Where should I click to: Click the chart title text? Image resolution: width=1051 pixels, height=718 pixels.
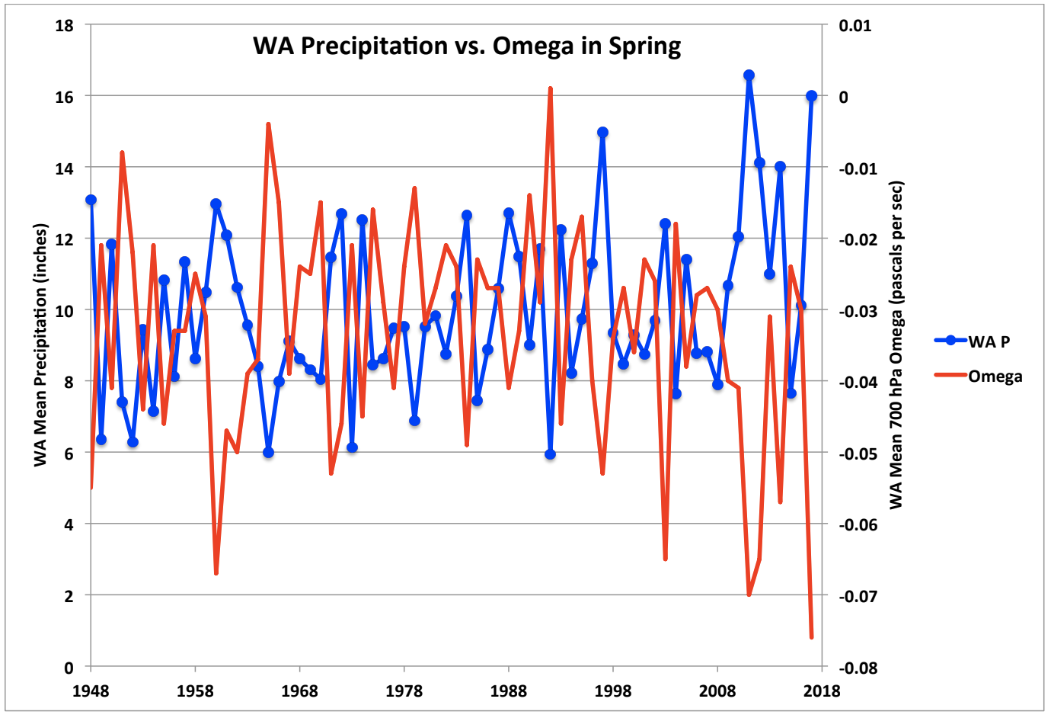(x=467, y=46)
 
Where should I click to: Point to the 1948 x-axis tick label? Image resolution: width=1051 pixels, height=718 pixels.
(x=91, y=691)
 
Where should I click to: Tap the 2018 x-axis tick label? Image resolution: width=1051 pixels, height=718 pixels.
(x=822, y=691)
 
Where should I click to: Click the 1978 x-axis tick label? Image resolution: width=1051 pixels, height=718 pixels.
(x=404, y=691)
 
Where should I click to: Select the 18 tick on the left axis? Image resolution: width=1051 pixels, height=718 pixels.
(x=65, y=26)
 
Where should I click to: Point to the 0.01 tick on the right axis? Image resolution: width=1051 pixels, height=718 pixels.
(x=855, y=26)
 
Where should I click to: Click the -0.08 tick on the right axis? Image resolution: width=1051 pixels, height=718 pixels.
(x=858, y=668)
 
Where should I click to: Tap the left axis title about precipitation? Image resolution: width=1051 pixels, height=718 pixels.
(x=40, y=345)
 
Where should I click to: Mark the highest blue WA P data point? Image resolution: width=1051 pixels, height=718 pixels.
(x=749, y=75)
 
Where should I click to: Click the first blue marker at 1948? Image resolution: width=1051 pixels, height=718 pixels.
(x=91, y=200)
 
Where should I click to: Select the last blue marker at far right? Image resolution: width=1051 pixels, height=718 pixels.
(x=812, y=96)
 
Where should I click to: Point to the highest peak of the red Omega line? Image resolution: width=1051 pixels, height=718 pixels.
(x=550, y=88)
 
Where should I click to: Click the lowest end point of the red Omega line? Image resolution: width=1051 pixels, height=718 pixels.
(x=812, y=636)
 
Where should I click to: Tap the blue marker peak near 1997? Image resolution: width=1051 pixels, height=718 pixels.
(x=602, y=132)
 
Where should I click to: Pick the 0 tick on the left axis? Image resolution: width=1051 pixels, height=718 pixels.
(x=69, y=668)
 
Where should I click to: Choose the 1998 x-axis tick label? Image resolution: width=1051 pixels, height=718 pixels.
(x=613, y=691)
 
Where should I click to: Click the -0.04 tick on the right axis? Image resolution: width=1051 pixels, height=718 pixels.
(x=858, y=382)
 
